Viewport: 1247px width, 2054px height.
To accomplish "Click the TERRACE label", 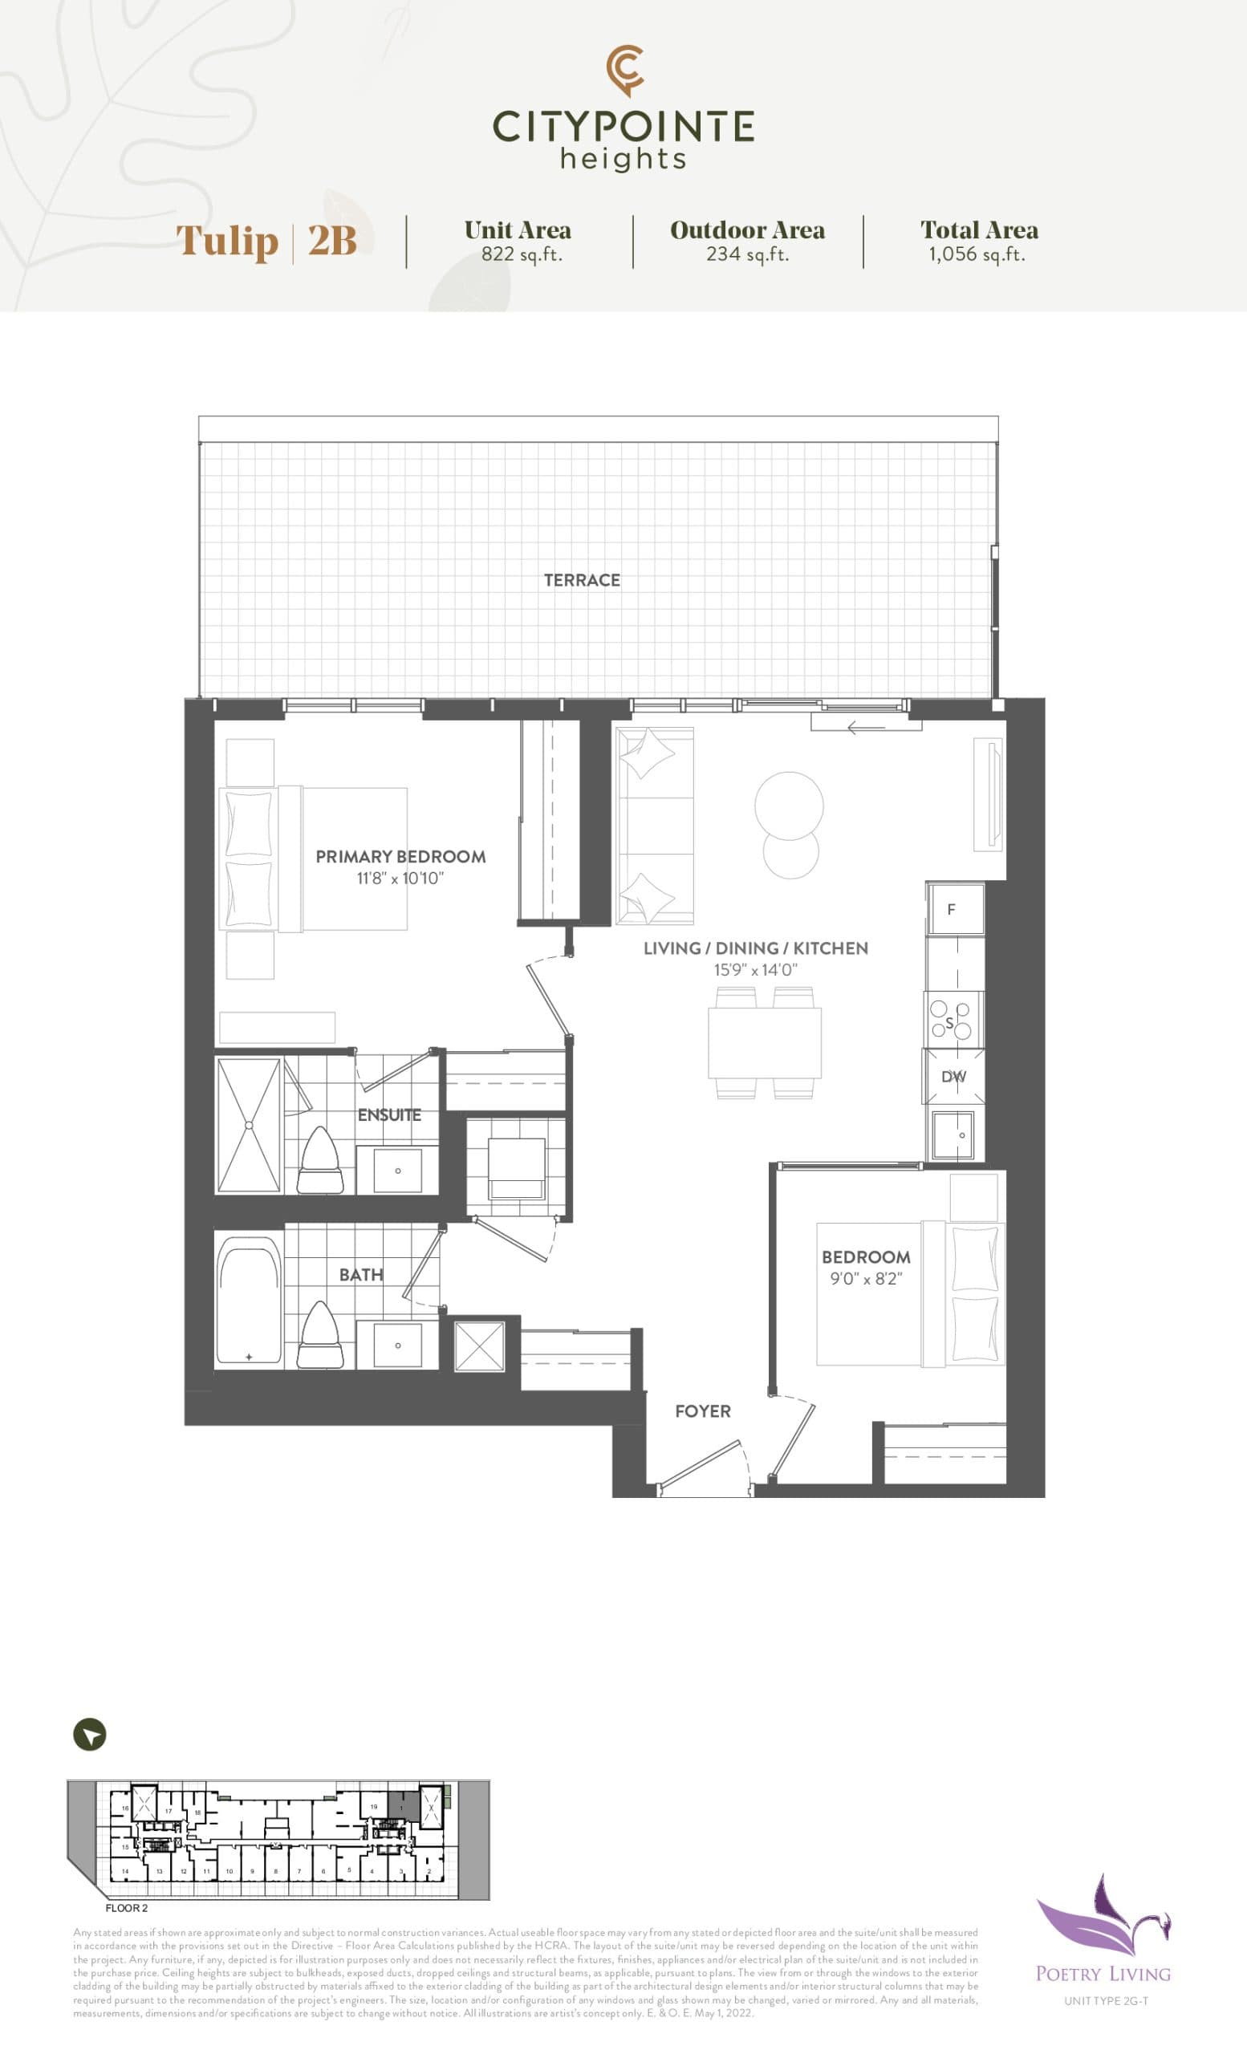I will [582, 580].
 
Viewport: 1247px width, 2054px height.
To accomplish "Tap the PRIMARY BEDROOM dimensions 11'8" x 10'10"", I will [400, 878].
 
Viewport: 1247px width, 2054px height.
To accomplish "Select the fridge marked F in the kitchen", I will [954, 910].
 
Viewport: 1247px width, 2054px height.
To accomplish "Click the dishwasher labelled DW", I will [953, 1076].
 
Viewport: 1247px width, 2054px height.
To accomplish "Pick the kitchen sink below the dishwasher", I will [953, 1135].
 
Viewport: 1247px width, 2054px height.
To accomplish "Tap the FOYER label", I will [703, 1411].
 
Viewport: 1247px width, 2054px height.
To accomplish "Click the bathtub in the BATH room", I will [249, 1300].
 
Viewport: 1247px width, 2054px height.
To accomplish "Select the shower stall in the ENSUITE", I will [249, 1125].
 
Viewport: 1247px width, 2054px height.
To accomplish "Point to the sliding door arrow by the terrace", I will [865, 729].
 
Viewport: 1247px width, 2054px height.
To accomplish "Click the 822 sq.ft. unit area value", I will [521, 254].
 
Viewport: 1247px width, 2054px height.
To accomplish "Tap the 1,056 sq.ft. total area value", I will [977, 254].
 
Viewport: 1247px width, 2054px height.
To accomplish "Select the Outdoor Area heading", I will [747, 230].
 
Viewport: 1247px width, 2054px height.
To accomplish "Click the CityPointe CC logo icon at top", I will [624, 70].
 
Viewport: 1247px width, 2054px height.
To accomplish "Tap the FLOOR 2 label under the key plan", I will [127, 1908].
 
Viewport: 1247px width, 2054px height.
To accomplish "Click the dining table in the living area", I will [765, 1042].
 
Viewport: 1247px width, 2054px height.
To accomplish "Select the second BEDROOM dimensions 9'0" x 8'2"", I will [865, 1279].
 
